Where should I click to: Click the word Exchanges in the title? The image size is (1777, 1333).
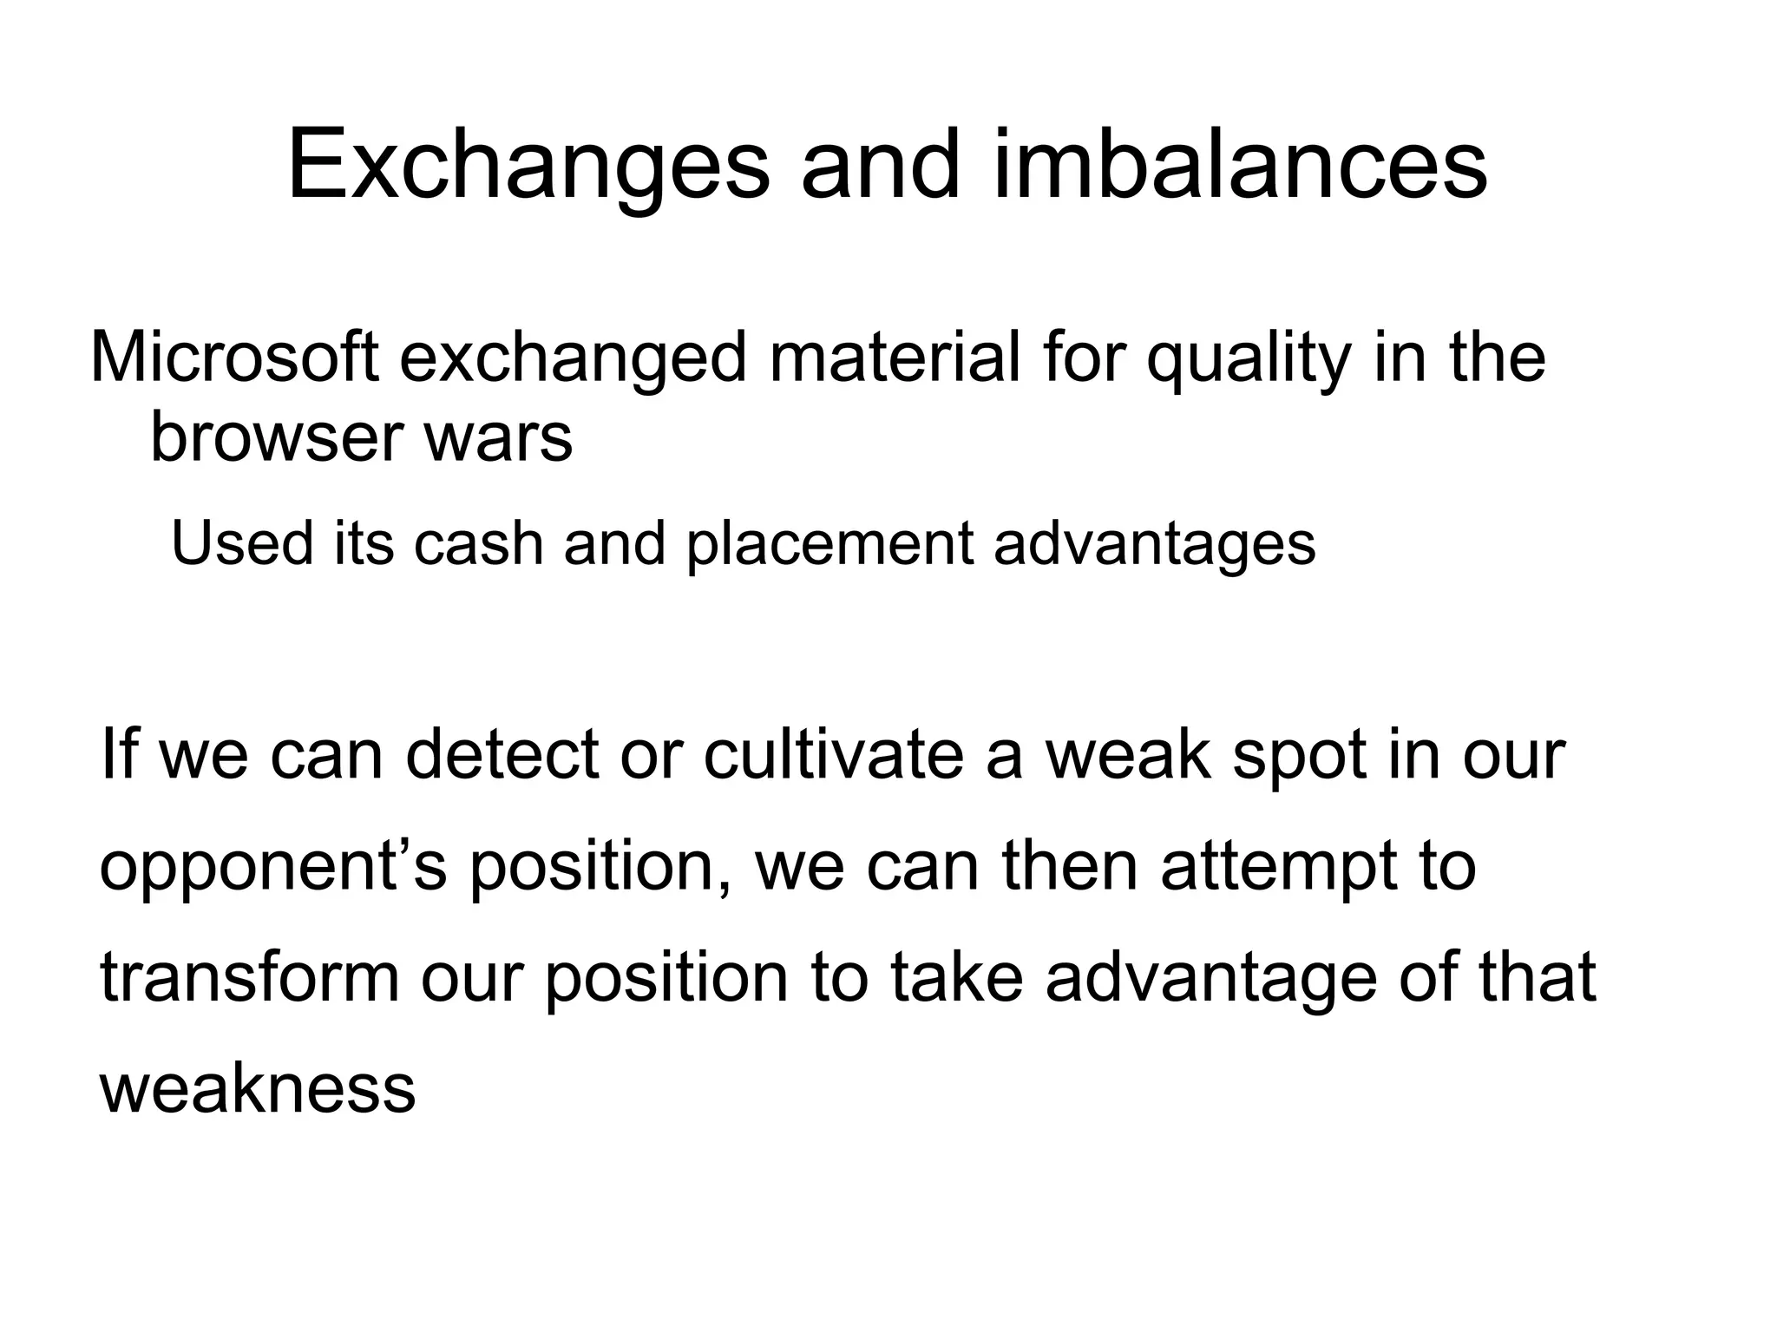pos(528,165)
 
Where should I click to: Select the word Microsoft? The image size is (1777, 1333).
pos(234,358)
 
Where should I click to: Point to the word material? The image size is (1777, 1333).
pos(895,358)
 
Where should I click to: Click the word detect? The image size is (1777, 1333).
pos(502,755)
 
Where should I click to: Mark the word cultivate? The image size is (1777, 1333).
pos(833,755)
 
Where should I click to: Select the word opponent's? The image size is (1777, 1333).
pos(273,867)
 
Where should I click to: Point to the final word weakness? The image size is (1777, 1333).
pos(258,1088)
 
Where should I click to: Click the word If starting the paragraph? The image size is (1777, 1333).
pos(120,755)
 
